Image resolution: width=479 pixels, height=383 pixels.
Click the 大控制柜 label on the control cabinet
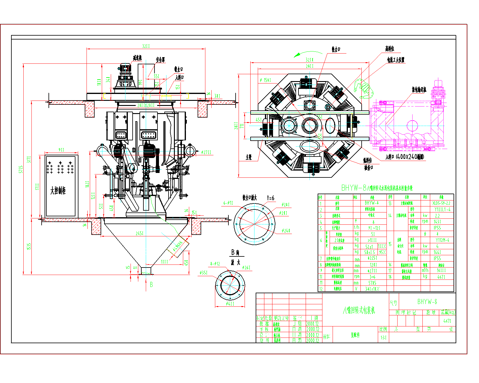point(58,191)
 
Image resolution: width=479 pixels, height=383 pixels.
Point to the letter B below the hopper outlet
point(151,285)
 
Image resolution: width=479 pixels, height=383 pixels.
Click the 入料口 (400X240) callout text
point(404,157)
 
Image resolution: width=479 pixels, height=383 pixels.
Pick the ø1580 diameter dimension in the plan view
point(265,80)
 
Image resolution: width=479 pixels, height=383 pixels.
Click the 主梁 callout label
point(248,157)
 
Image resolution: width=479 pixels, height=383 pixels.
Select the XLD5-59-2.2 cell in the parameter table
point(441,203)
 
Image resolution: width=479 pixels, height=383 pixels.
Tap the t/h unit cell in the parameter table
point(357,228)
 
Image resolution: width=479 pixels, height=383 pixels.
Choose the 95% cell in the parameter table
point(382,252)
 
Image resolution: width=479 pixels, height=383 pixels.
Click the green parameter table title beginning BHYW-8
point(377,188)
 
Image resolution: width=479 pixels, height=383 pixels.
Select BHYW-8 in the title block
point(427,302)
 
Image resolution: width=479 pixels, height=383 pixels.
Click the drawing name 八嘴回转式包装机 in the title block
point(359,311)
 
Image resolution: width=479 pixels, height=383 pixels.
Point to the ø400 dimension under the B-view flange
point(230,304)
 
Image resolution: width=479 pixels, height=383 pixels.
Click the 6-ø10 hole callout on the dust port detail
point(228,203)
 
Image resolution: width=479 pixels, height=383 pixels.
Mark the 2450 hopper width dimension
point(140,233)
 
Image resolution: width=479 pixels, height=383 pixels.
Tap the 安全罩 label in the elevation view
point(160,60)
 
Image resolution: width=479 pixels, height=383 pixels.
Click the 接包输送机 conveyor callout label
point(419,89)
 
